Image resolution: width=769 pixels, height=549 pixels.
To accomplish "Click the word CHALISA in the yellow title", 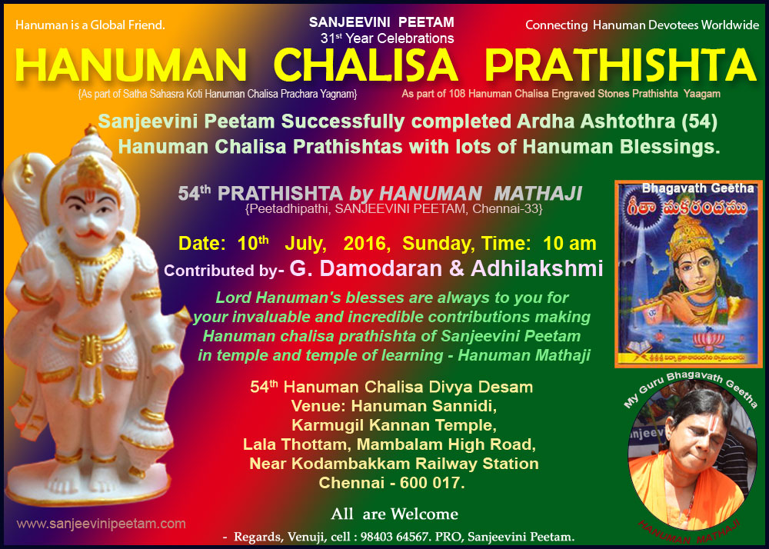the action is click(x=365, y=65).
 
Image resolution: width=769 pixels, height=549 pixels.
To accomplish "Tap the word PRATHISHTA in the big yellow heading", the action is click(x=621, y=65).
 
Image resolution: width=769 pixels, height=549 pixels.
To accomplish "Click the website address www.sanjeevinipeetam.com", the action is click(x=101, y=524).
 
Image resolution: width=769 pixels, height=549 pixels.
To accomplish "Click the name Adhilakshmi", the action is click(x=537, y=268).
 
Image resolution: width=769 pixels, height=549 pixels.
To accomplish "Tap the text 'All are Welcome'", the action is click(x=394, y=514).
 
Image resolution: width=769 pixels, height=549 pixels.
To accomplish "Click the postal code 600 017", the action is click(x=431, y=483).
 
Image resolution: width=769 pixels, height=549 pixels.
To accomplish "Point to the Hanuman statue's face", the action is click(x=91, y=215).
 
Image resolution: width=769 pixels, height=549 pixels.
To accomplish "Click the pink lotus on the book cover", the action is click(x=709, y=339).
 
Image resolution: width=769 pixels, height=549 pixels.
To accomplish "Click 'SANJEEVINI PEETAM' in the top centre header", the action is click(x=381, y=22).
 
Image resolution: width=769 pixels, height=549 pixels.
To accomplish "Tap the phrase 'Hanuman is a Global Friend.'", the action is click(x=90, y=25).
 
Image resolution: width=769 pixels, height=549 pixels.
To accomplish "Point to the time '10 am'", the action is click(x=569, y=244).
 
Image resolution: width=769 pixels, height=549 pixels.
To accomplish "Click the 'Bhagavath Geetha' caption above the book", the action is click(x=698, y=188).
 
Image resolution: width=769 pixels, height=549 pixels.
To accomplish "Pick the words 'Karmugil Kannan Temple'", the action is click(x=394, y=425).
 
